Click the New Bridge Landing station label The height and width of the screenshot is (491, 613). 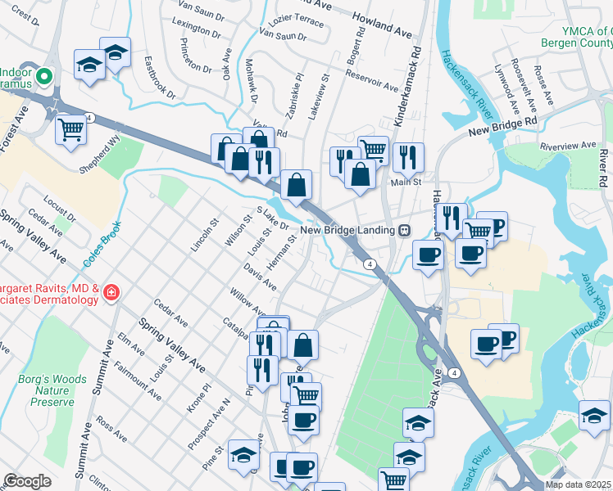tap(347, 230)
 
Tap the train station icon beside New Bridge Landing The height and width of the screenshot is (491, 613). tap(405, 230)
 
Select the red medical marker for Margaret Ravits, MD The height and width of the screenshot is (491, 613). tap(111, 291)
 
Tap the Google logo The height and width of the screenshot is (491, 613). tap(28, 481)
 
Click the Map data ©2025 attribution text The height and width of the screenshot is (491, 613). tap(578, 484)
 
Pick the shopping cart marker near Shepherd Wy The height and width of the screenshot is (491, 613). tap(71, 128)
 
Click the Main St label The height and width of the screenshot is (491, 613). tap(405, 182)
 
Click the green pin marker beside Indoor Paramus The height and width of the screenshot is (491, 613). tap(45, 79)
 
